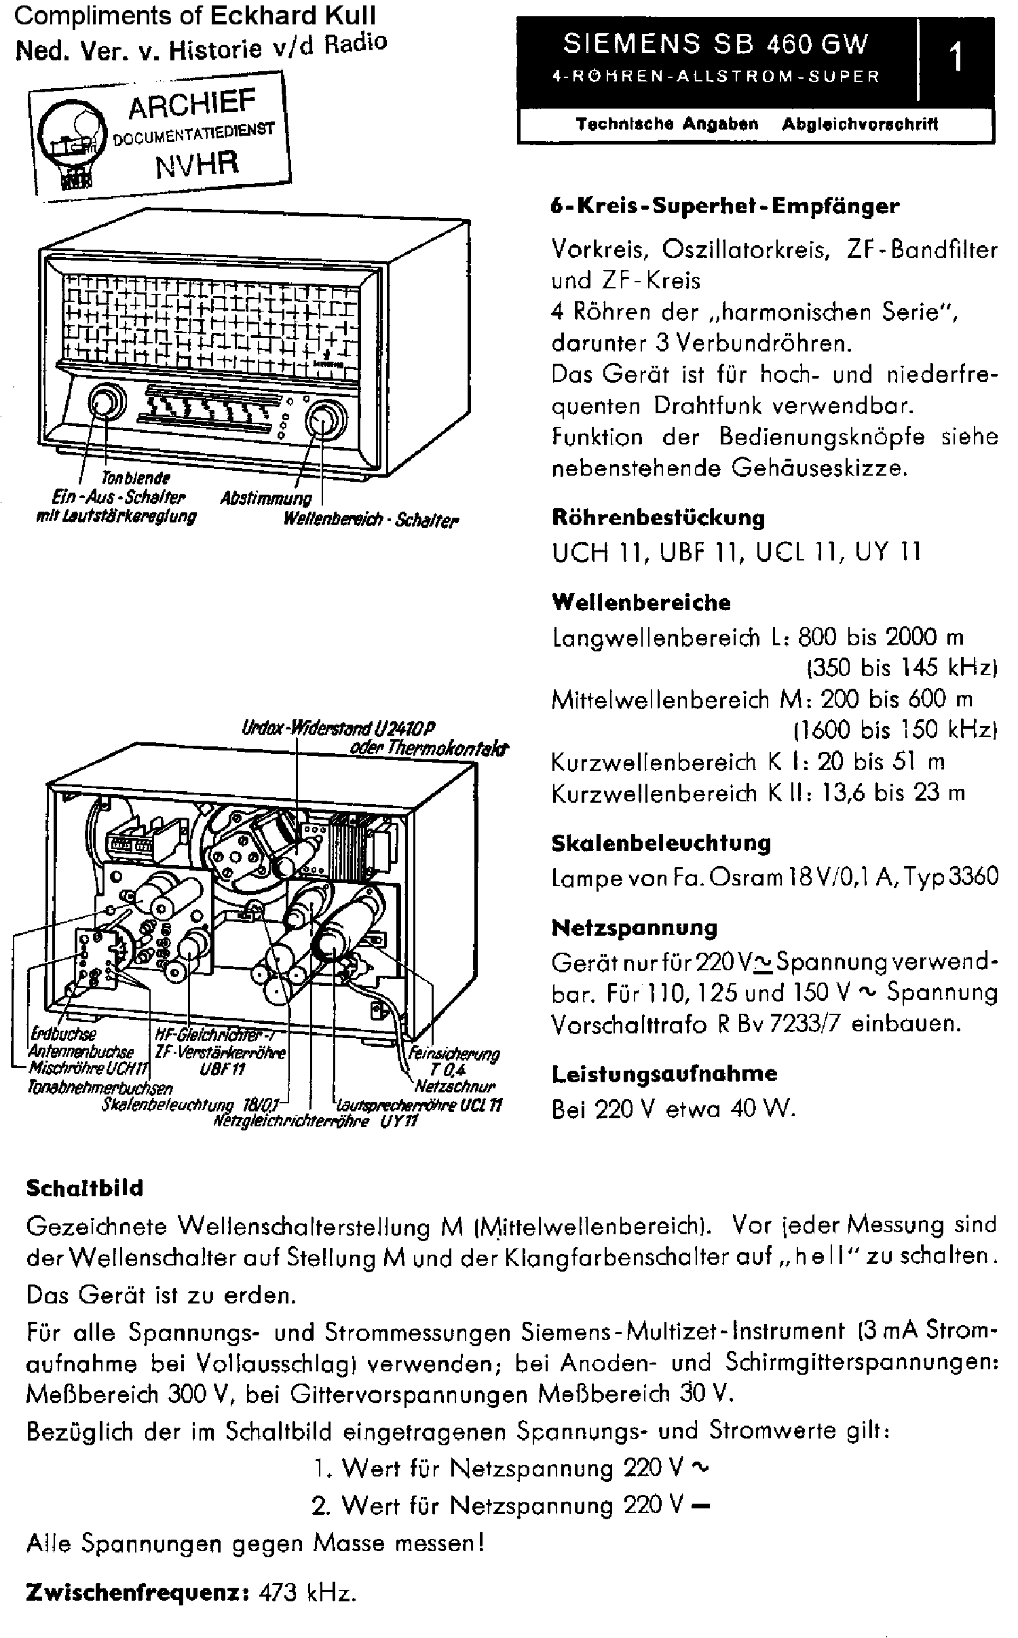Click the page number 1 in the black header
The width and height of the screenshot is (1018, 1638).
(956, 58)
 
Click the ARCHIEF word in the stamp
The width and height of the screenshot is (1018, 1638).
(192, 104)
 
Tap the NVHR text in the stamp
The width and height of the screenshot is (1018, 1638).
(197, 164)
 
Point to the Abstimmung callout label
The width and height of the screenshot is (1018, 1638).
(265, 498)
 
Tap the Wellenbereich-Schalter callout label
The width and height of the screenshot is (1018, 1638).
(371, 520)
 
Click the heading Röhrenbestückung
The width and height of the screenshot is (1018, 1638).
(658, 518)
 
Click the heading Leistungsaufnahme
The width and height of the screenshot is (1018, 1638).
(664, 1073)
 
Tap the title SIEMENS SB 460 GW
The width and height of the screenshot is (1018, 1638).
(715, 45)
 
